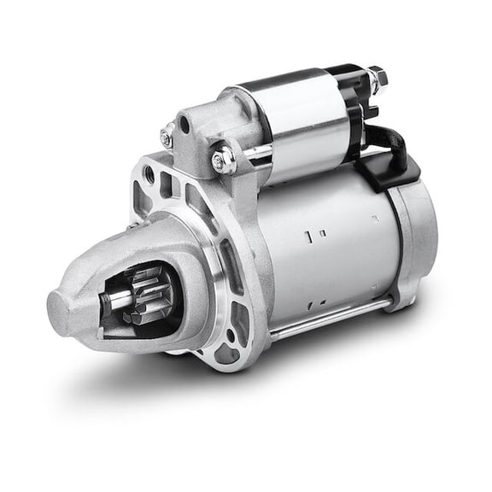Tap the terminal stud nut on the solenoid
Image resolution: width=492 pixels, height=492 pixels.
378,78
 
